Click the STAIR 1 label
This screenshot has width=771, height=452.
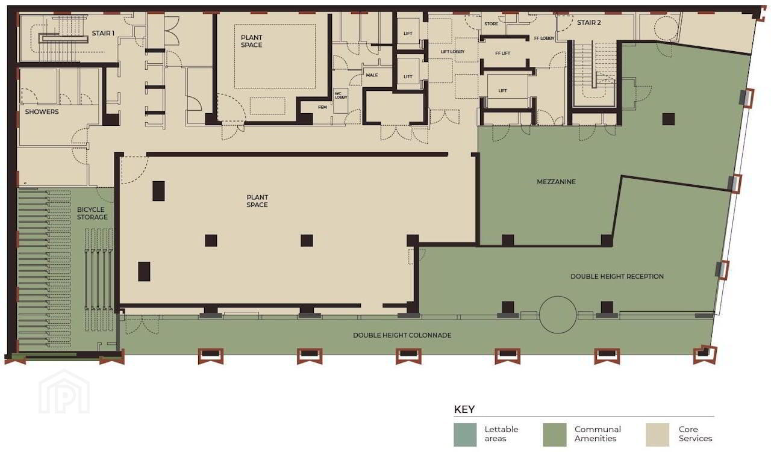(x=103, y=33)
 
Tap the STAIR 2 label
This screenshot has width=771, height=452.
(x=589, y=23)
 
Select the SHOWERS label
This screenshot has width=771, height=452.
(x=42, y=112)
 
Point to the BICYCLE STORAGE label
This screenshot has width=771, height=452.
(x=92, y=213)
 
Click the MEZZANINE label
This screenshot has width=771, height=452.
(x=556, y=182)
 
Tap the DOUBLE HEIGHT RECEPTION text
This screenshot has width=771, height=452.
(x=617, y=276)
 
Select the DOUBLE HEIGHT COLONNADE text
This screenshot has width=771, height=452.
(x=402, y=335)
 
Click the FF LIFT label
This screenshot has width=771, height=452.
(x=502, y=54)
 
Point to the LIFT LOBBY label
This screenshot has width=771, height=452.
(x=452, y=52)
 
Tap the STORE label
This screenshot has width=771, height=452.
(x=491, y=23)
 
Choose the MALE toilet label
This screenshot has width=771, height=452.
(x=372, y=75)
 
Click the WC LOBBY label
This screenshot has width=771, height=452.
(x=341, y=95)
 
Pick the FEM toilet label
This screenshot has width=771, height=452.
(x=322, y=107)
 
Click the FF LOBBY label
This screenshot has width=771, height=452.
(x=544, y=38)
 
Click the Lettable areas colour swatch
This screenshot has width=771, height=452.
(x=465, y=435)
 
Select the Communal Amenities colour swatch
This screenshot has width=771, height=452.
(x=555, y=435)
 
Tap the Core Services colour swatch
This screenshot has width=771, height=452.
(x=657, y=435)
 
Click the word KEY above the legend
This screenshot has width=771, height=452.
(x=464, y=409)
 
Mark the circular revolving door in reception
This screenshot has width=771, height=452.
(x=558, y=297)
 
